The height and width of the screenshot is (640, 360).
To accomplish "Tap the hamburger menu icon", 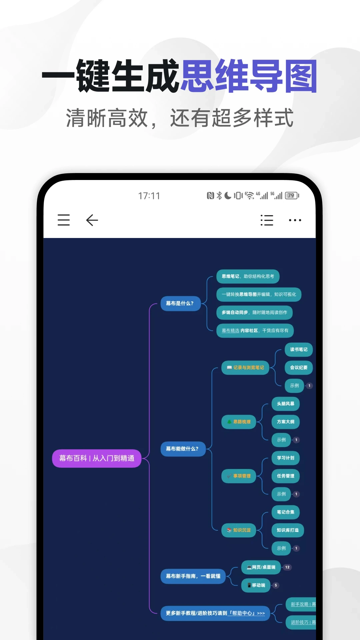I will pyautogui.click(x=64, y=220).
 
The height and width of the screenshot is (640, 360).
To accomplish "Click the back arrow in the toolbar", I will pyautogui.click(x=92, y=220).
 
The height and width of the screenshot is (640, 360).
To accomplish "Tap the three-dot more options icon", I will pyautogui.click(x=295, y=220).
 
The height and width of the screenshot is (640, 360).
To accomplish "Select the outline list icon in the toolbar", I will pyautogui.click(x=267, y=220).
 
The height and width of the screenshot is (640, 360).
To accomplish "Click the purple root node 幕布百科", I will pyautogui.click(x=97, y=458).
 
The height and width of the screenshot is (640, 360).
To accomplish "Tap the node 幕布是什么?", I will pyautogui.click(x=180, y=303).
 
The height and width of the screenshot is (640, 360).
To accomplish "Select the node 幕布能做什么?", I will pyautogui.click(x=182, y=449).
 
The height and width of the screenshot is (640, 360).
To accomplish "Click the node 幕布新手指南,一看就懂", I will pyautogui.click(x=193, y=576).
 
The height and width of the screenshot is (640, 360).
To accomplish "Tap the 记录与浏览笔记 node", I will pyautogui.click(x=245, y=368).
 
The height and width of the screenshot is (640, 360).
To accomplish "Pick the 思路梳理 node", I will pyautogui.click(x=239, y=422).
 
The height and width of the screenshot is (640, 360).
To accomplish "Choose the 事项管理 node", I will pyautogui.click(x=239, y=476).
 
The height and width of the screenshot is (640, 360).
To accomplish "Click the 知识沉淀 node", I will pyautogui.click(x=239, y=530).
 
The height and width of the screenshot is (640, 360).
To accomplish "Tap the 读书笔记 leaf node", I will pyautogui.click(x=299, y=350).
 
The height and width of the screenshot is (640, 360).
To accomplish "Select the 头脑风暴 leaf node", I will pyautogui.click(x=286, y=404).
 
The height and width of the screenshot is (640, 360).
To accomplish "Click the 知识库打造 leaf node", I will pyautogui.click(x=288, y=530).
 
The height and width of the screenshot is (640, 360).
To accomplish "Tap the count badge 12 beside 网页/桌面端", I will pyautogui.click(x=287, y=567).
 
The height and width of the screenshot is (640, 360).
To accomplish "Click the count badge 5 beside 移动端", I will pyautogui.click(x=276, y=585).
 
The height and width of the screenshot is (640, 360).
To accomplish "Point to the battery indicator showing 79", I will pyautogui.click(x=292, y=196).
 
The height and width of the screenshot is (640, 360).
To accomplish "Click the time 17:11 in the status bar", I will pyautogui.click(x=149, y=196).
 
